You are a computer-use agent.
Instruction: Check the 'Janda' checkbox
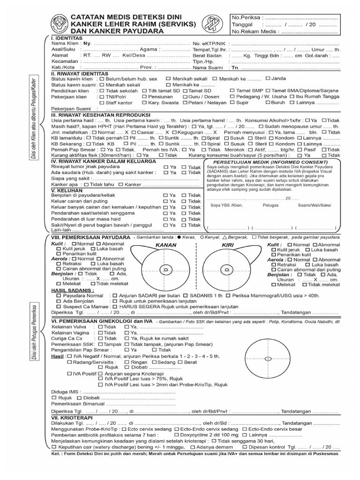coord(268,78)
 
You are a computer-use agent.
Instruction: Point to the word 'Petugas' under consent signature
coord(271,205)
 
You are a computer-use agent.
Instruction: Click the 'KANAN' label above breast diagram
coord(166,245)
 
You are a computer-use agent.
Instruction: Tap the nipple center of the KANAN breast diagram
coord(165,270)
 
